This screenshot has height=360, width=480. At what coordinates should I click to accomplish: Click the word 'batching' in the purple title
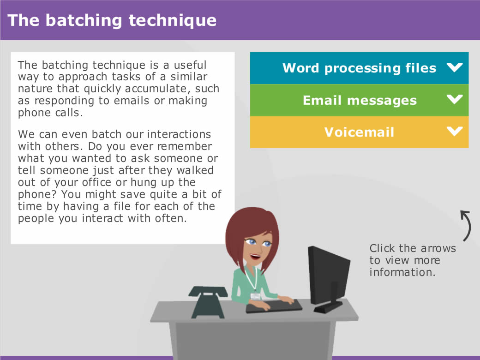84,21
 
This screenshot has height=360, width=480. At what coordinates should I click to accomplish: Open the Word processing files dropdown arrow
455,67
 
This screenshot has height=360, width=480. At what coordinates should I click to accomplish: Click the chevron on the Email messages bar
455,99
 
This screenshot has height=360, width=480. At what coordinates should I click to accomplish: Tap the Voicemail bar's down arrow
455,131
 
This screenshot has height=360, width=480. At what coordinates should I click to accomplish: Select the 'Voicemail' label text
359,132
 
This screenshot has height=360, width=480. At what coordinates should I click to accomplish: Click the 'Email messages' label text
360,101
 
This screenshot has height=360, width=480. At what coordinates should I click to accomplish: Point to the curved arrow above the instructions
467,225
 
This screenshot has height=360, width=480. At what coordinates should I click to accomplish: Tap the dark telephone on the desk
208,302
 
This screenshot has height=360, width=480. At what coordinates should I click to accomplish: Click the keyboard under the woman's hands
274,306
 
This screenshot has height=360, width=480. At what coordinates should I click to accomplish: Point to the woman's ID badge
255,296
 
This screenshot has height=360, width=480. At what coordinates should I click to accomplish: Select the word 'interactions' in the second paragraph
179,134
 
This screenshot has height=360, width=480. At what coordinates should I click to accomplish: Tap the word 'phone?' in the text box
37,195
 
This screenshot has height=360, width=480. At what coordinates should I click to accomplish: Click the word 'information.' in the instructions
402,272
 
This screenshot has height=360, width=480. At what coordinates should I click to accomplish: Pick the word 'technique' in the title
173,21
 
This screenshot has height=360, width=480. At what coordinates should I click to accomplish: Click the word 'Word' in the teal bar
300,68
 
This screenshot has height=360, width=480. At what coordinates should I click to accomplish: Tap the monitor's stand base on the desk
328,307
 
